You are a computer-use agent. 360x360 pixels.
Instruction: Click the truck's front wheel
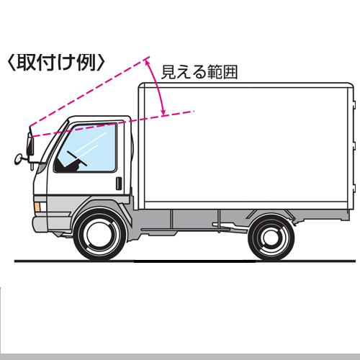100,235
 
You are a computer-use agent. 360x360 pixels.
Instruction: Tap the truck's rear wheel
271,237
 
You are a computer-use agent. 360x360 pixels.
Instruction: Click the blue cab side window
86,148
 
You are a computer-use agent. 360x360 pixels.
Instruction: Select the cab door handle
119,184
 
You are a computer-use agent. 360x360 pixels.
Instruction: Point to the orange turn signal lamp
37,207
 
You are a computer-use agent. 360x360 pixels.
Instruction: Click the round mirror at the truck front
18,159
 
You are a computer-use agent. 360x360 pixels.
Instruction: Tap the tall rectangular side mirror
30,145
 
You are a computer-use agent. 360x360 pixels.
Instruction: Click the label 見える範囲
199,72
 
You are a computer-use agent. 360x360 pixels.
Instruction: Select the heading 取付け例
56,63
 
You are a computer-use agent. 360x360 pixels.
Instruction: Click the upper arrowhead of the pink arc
147,62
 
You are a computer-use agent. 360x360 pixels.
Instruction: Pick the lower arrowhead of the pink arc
163,112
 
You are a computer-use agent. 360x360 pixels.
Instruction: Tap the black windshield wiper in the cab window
77,158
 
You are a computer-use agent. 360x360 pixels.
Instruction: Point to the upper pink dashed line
89,91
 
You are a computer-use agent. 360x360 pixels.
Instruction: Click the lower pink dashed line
113,124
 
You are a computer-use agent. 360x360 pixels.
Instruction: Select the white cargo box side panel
246,145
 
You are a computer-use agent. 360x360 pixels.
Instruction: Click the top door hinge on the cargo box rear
354,103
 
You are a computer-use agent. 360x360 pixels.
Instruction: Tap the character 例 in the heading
86,63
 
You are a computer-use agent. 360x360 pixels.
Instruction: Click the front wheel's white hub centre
100,235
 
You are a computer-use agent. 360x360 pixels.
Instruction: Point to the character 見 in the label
168,72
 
